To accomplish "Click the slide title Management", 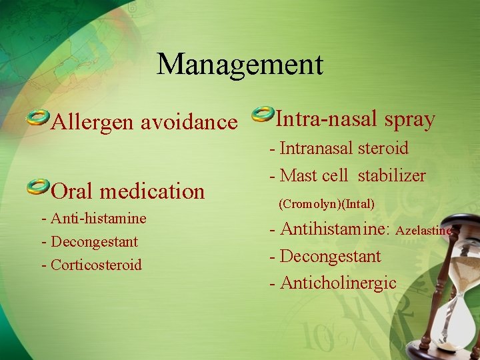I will click(240, 65).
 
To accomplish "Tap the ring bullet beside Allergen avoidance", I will click(38, 119).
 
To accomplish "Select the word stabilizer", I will click(391, 176).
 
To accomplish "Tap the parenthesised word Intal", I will click(359, 203).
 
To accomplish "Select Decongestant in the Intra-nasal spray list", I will click(330, 256).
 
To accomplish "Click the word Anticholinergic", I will click(338, 283).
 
